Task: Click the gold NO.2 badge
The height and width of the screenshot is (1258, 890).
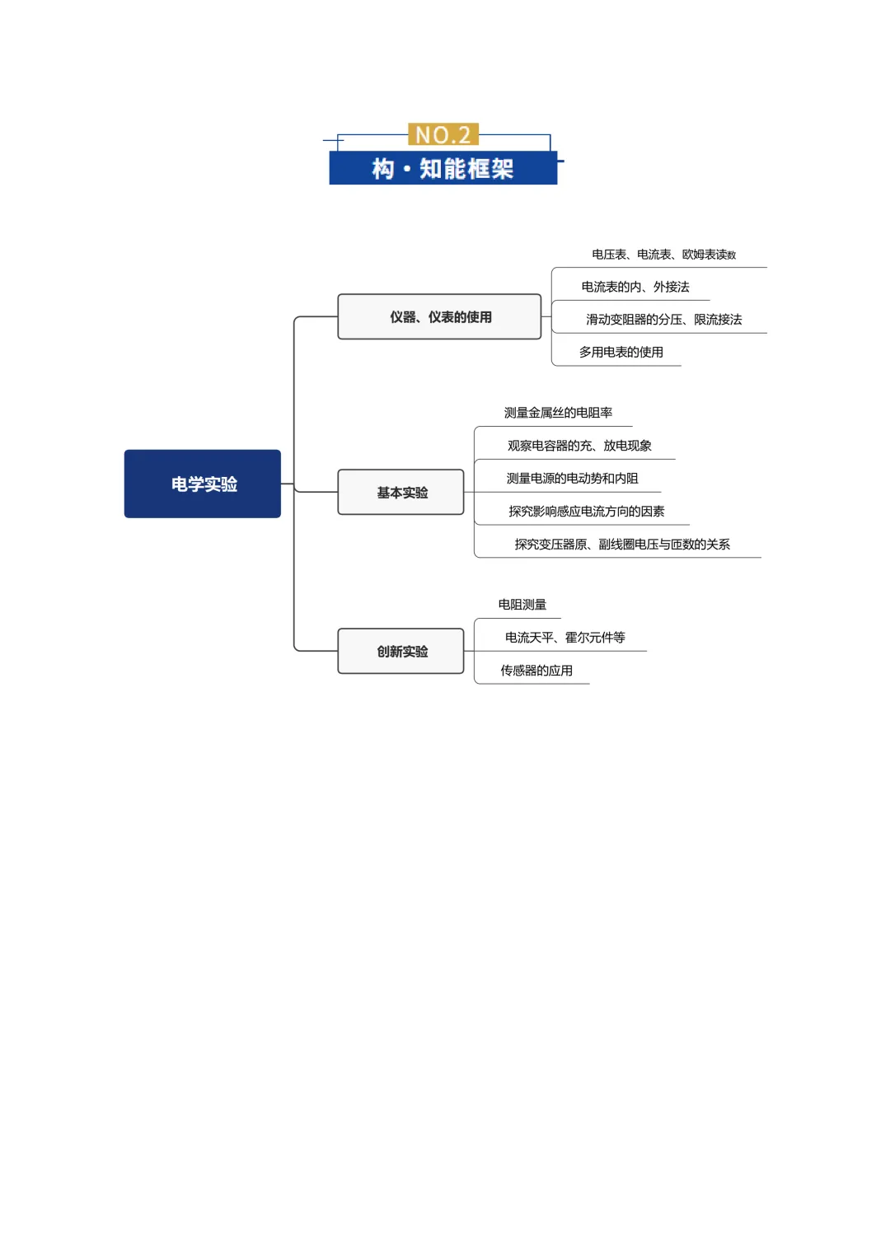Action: (443, 134)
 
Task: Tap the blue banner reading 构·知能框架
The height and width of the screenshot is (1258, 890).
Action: (443, 168)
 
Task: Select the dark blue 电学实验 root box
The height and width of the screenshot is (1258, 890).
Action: (203, 484)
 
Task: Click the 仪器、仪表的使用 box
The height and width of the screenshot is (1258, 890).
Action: (439, 316)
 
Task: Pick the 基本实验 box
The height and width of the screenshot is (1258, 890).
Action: (401, 492)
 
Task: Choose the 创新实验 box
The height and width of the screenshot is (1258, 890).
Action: (401, 651)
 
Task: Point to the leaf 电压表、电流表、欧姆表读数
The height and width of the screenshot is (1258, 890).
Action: (663, 255)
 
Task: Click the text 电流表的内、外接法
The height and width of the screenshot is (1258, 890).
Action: (635, 287)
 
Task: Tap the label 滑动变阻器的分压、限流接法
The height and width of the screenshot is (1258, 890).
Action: (663, 320)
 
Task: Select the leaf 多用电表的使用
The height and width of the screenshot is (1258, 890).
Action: (621, 352)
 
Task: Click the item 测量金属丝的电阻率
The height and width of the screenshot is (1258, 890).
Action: (558, 413)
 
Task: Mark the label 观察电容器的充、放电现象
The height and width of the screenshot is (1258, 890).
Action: (579, 446)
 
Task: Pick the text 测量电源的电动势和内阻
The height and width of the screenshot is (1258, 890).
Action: (572, 479)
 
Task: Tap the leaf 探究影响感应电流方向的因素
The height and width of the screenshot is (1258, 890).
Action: (586, 512)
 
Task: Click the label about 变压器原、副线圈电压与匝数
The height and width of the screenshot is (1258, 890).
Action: (622, 545)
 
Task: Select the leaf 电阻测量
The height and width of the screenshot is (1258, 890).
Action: (522, 605)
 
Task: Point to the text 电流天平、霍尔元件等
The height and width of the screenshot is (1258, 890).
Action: (564, 638)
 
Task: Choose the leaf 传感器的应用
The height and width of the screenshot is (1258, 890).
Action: (536, 671)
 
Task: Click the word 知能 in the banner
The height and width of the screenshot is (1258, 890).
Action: (443, 169)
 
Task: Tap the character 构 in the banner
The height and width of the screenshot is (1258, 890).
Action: (383, 169)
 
